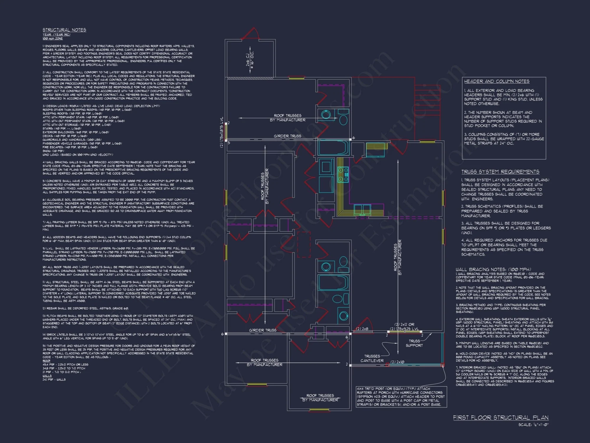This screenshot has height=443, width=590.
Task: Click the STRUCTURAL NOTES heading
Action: (x=64, y=30)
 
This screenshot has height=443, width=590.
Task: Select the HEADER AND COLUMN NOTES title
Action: (x=496, y=81)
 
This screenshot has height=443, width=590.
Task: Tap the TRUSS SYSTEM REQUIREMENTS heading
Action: (x=500, y=172)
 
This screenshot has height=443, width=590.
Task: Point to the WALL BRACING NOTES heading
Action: (x=493, y=269)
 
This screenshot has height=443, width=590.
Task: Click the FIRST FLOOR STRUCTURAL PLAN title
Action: (x=501, y=418)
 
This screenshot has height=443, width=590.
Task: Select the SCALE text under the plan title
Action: (x=533, y=425)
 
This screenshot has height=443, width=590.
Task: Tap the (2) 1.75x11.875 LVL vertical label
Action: (x=222, y=132)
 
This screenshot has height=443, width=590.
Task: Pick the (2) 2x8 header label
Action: (x=362, y=329)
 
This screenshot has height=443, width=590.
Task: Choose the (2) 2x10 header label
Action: (x=397, y=362)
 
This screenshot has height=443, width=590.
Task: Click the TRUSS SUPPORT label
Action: (x=414, y=343)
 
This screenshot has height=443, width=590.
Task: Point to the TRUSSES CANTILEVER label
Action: (x=372, y=358)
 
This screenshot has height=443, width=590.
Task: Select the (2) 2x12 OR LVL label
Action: (x=404, y=327)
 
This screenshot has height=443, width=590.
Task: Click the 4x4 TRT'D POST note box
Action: (x=401, y=397)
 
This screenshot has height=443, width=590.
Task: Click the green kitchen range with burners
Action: (x=343, y=175)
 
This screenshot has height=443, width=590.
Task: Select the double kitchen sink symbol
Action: (x=362, y=209)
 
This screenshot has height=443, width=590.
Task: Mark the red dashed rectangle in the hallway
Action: (x=304, y=244)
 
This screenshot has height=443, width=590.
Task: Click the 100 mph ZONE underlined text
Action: (x=53, y=38)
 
